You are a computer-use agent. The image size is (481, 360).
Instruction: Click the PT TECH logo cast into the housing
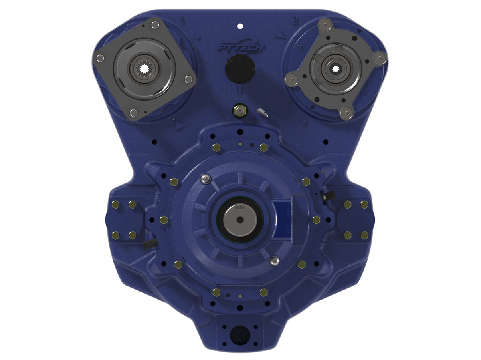240,47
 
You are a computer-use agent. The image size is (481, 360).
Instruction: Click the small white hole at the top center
240,26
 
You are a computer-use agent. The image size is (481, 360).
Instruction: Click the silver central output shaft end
239,220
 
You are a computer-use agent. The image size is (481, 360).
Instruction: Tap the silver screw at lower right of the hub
274,261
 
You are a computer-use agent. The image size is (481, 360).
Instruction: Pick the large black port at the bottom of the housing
240,333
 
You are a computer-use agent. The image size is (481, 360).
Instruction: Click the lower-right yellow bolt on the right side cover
364,235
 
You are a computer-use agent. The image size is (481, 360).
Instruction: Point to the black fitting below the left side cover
149,244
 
